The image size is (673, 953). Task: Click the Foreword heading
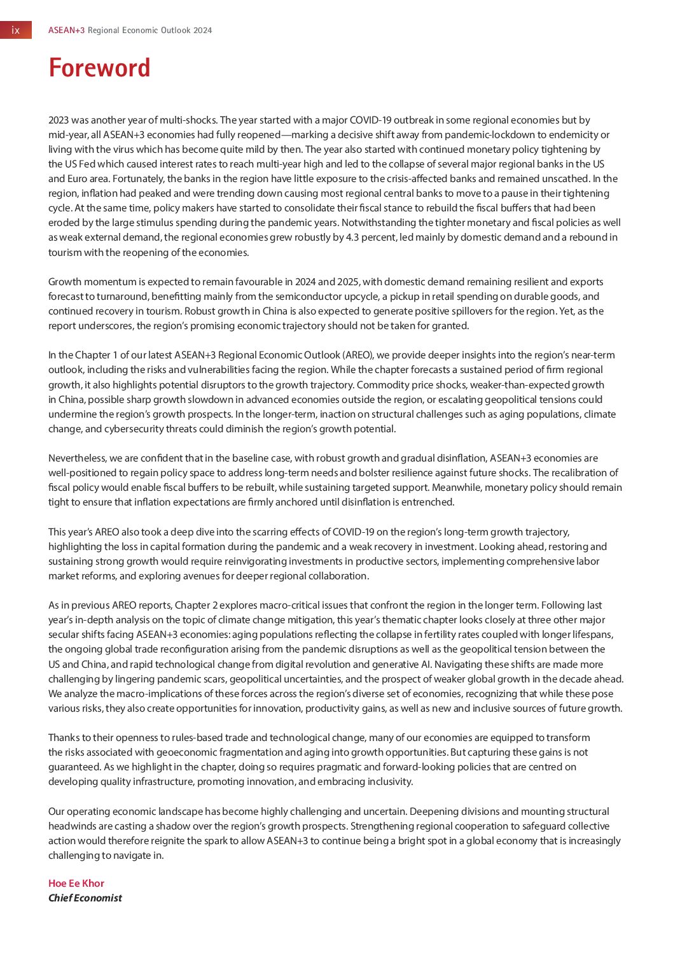click(x=99, y=68)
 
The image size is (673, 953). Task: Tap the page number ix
click(x=16, y=31)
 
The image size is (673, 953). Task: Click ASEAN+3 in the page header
click(x=66, y=31)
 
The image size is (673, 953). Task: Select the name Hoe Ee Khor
click(x=76, y=883)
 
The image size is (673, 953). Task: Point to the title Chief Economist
click(x=85, y=898)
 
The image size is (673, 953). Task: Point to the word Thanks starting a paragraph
click(x=62, y=737)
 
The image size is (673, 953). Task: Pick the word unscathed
click(x=559, y=178)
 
